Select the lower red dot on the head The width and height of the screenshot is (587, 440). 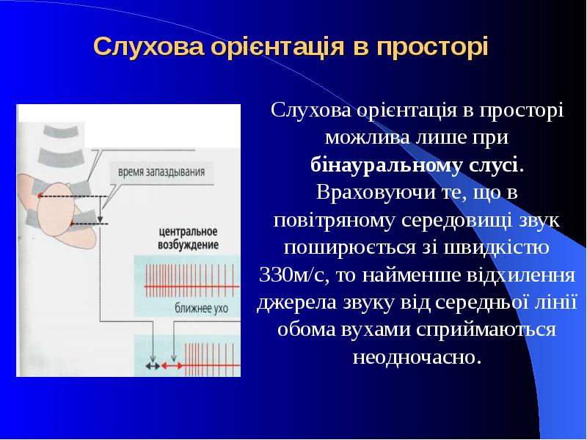coord(73,223)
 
